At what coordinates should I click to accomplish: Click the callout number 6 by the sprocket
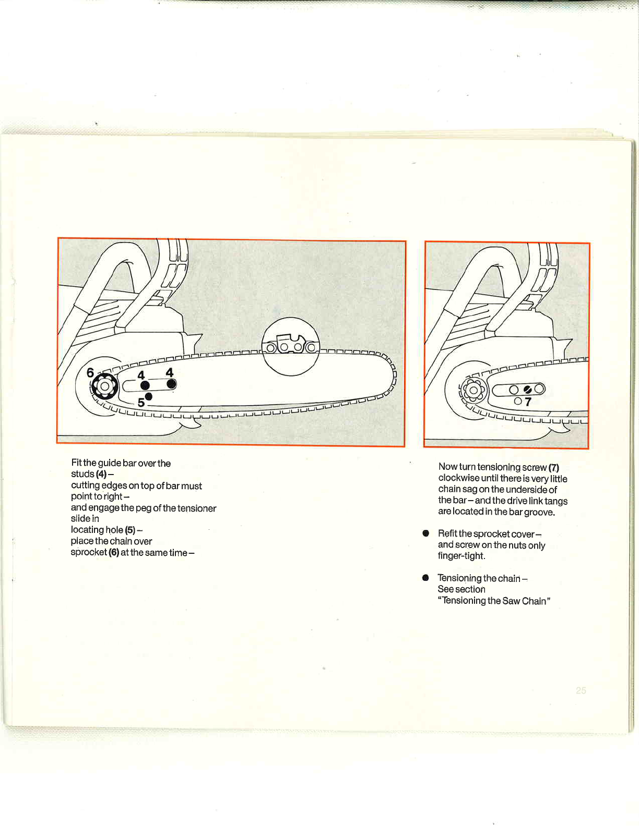click(x=90, y=373)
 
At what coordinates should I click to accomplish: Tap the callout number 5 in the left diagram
click(x=141, y=402)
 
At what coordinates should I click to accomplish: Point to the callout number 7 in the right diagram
click(x=528, y=402)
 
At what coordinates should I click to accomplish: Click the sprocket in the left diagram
click(x=105, y=386)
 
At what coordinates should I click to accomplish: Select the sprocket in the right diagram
click(x=474, y=390)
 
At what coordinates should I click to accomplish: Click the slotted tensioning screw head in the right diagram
click(x=527, y=389)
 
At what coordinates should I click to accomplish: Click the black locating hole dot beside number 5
click(x=149, y=397)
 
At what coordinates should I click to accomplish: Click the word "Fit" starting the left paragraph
click(x=76, y=463)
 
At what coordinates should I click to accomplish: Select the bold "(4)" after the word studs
click(x=101, y=474)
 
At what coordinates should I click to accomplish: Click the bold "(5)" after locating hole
click(x=130, y=530)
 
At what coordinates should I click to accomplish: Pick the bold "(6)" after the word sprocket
click(x=114, y=552)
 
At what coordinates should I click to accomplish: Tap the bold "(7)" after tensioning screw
click(x=553, y=467)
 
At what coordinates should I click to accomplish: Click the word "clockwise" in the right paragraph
click(x=458, y=478)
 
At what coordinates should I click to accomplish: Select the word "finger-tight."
click(x=462, y=556)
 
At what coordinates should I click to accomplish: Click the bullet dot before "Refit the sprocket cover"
click(x=426, y=533)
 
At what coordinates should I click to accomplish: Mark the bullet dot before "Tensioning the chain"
click(x=426, y=578)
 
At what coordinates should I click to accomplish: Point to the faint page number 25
click(x=581, y=690)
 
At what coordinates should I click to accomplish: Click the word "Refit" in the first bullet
click(x=447, y=533)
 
